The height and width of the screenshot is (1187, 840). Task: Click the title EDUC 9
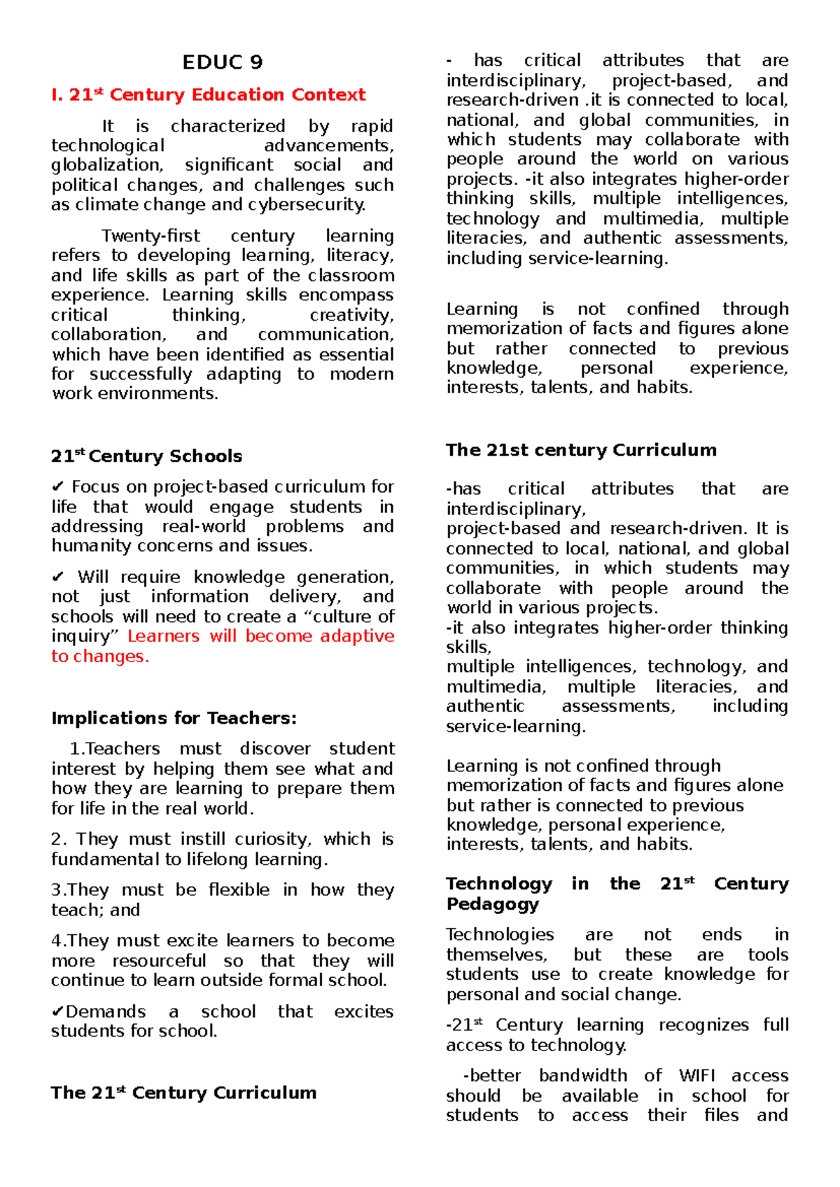tap(223, 62)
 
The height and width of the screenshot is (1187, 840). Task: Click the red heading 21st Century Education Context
tap(209, 94)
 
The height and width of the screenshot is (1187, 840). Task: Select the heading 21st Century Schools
tap(146, 456)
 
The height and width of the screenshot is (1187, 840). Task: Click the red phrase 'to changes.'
tap(100, 656)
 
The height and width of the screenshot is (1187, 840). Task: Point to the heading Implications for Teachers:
tap(174, 718)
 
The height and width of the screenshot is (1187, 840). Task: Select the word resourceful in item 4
tap(159, 961)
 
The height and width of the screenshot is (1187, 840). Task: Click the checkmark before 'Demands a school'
tap(57, 1011)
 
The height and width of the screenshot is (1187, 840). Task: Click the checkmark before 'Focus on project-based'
tap(57, 486)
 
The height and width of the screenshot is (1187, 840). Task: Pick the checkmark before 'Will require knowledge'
tap(57, 577)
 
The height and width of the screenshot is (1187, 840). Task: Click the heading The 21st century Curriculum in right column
tap(581, 450)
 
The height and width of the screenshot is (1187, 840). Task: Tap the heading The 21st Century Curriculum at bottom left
tap(183, 1093)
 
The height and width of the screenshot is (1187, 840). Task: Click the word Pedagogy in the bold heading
tap(492, 904)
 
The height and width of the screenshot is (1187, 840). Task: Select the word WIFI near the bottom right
tap(697, 1076)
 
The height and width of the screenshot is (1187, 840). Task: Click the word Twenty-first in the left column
tap(150, 236)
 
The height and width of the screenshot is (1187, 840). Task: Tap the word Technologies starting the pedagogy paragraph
tap(500, 935)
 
